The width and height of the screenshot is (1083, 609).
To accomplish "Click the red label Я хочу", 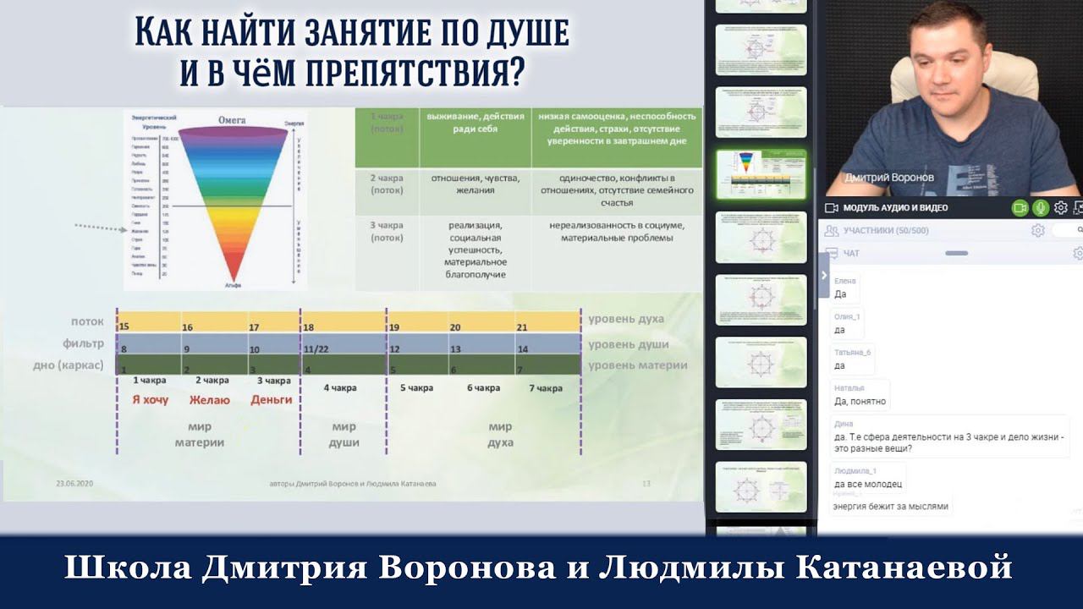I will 150,399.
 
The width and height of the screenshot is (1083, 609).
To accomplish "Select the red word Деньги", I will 272,399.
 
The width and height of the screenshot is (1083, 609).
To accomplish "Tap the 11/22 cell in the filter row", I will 316,348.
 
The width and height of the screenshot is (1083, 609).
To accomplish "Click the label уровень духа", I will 626,320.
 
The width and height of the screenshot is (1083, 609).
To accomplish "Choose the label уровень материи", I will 637,365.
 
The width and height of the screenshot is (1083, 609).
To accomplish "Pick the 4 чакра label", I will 340,388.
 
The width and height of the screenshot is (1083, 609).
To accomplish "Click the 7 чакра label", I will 546,388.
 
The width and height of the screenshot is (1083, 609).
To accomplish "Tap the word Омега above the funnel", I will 232,120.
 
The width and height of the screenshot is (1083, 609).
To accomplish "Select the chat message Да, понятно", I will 860,401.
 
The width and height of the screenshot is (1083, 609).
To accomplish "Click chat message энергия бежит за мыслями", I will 891,507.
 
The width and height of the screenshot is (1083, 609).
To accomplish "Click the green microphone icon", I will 1040,207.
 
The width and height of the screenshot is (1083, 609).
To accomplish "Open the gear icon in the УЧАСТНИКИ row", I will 1038,230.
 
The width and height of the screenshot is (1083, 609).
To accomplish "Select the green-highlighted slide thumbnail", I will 761,174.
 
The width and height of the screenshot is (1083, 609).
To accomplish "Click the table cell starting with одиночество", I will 616,190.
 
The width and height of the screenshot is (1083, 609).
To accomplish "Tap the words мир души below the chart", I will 344,435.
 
